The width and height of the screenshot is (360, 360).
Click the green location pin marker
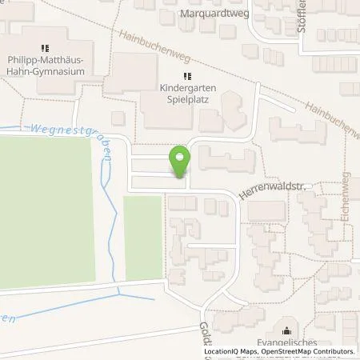point(180,161)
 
